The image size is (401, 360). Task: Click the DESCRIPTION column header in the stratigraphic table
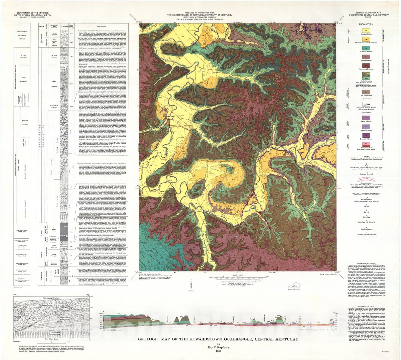point(102,27)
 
